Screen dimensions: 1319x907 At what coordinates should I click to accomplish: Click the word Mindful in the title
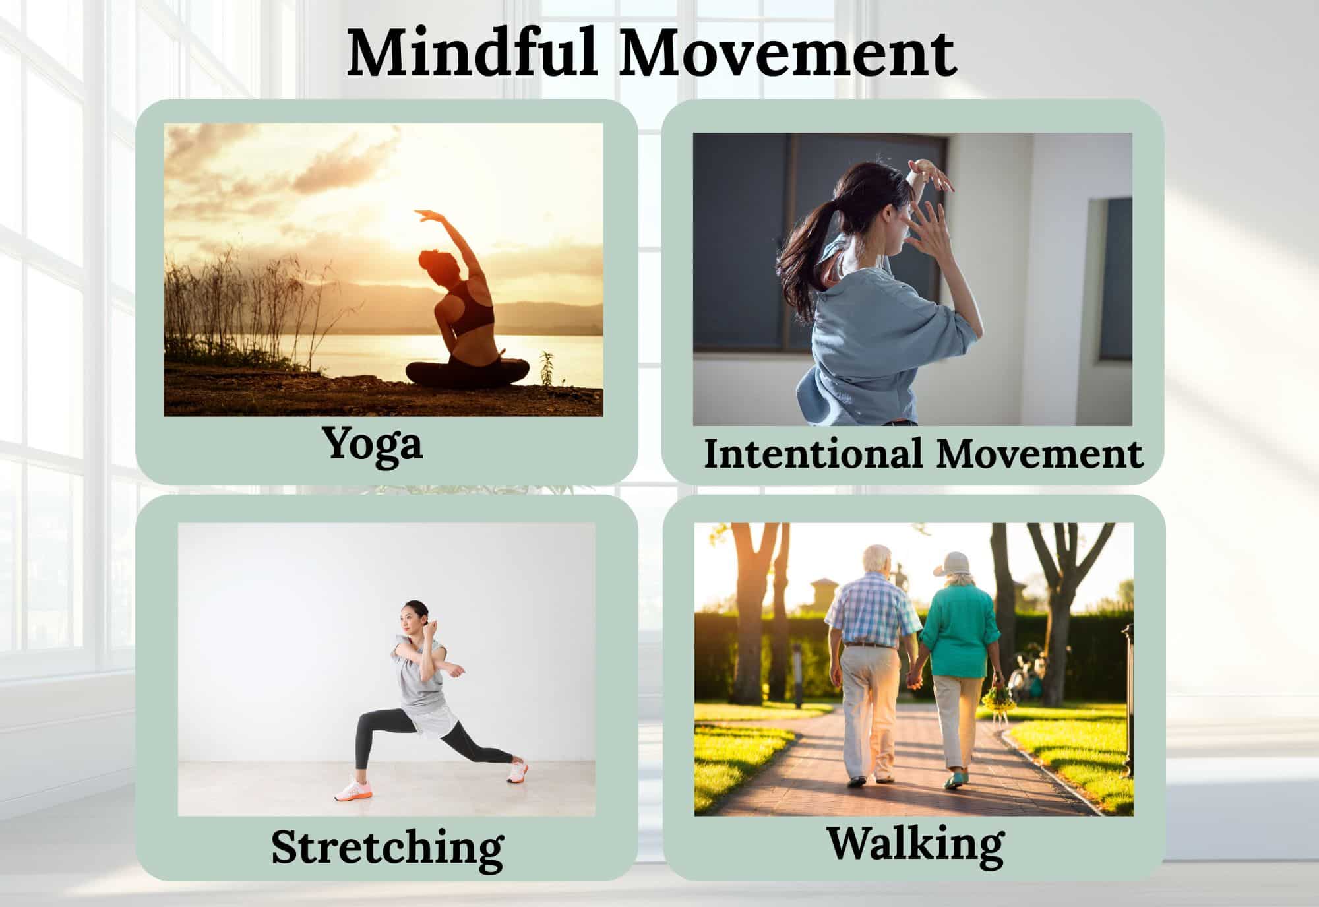(x=472, y=52)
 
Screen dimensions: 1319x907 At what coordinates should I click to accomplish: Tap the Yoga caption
(x=373, y=444)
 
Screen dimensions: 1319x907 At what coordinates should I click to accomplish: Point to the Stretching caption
(x=387, y=848)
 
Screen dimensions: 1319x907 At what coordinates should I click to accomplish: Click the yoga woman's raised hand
(x=425, y=215)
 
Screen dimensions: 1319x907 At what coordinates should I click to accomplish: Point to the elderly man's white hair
(x=878, y=556)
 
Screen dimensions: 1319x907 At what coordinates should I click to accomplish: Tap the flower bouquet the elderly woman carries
(x=995, y=697)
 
